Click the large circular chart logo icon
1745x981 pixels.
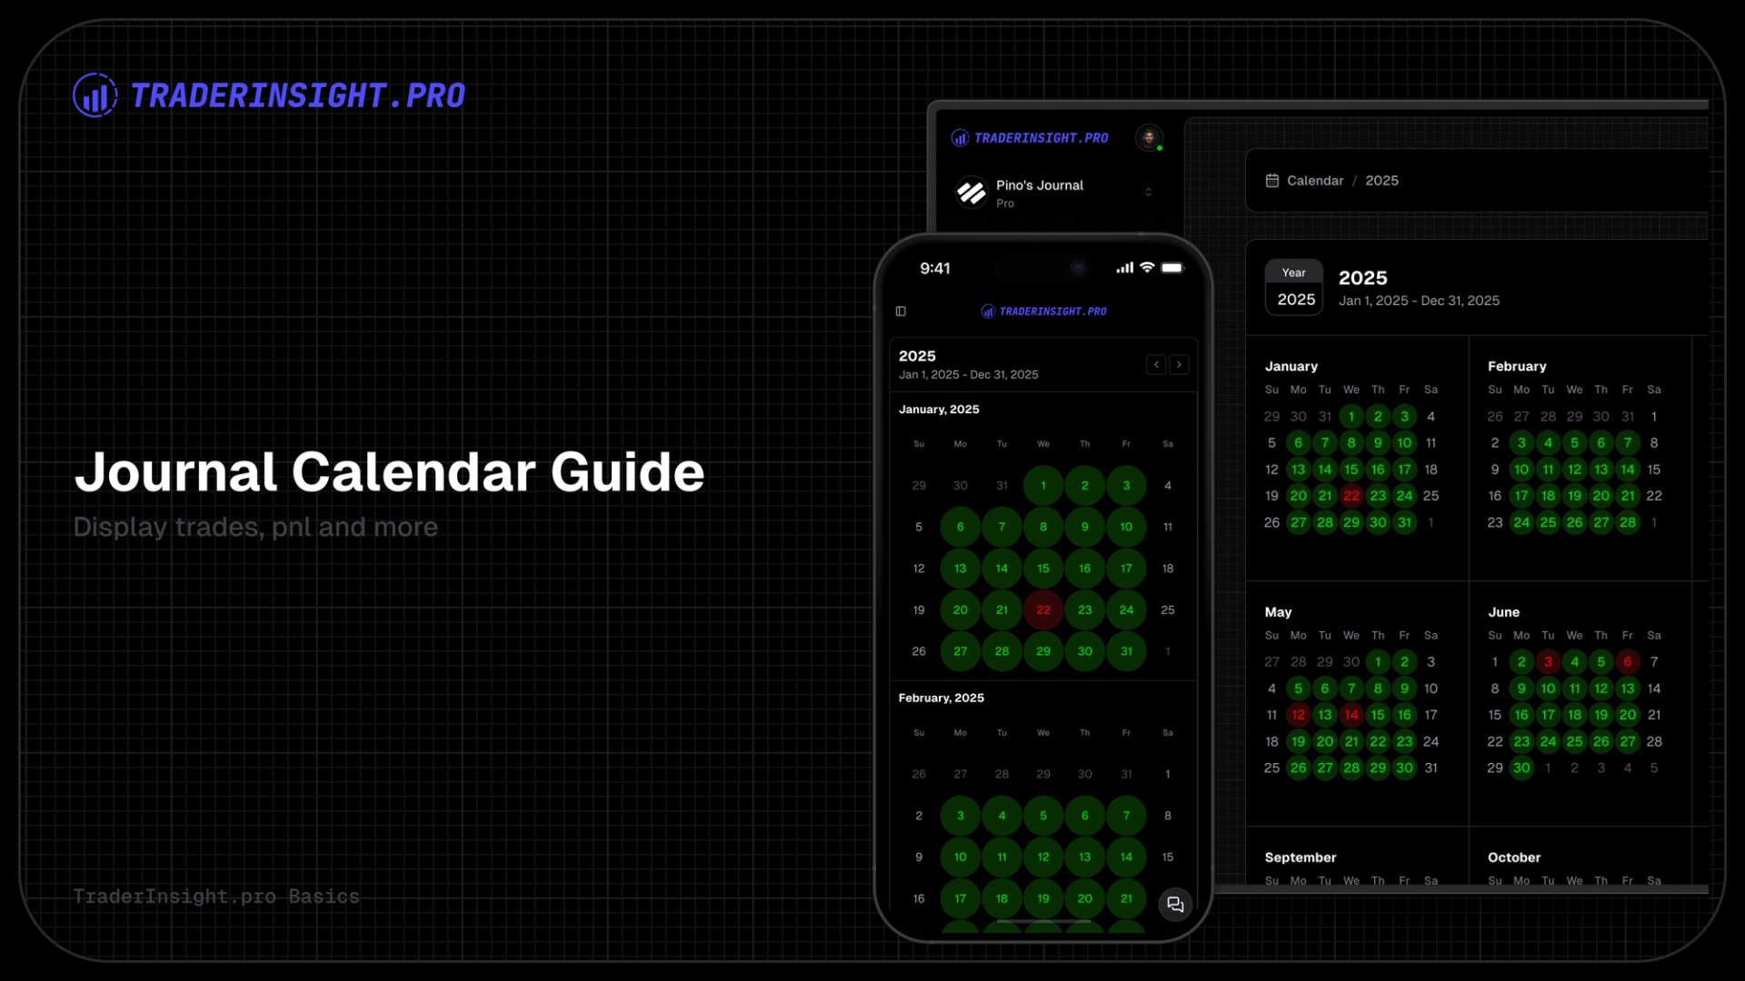(x=95, y=95)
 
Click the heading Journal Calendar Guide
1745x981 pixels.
(x=389, y=472)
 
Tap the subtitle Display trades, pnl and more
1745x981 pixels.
(x=255, y=527)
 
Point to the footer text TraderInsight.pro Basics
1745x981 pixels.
(x=216, y=897)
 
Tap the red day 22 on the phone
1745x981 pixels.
(x=1043, y=610)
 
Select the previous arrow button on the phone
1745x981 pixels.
(x=1156, y=364)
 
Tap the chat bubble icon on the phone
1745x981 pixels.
(x=1175, y=905)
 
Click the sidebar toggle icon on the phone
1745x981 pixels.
(x=901, y=312)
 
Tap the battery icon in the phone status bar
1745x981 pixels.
(x=1172, y=268)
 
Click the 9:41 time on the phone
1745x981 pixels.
(x=935, y=269)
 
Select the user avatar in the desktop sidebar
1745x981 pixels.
(x=1149, y=137)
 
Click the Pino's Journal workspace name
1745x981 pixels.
(x=1039, y=185)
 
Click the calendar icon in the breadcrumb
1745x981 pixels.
(x=1272, y=181)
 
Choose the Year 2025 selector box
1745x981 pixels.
(x=1294, y=287)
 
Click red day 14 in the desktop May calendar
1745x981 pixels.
(x=1351, y=715)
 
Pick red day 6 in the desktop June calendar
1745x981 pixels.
(x=1628, y=662)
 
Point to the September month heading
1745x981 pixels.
(x=1301, y=857)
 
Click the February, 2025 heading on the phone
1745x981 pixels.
(x=942, y=698)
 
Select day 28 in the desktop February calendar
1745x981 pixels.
(x=1628, y=522)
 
